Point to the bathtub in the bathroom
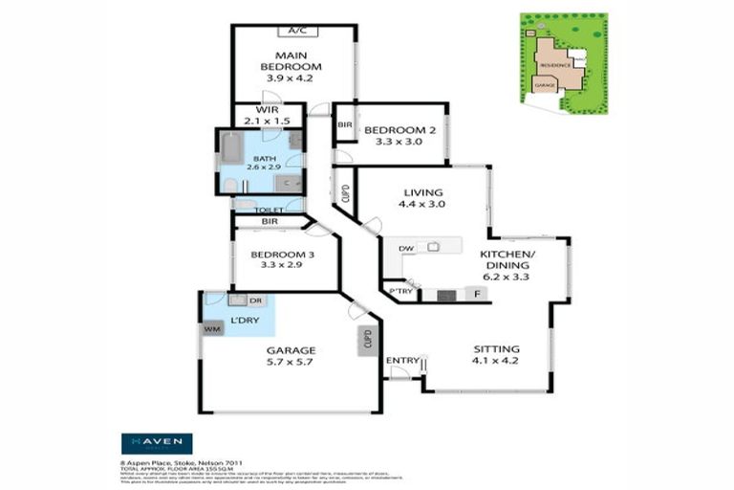point(231,147)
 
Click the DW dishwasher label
point(405,248)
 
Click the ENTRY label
point(401,361)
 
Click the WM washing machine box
point(211,328)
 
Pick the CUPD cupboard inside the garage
point(367,341)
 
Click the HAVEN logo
point(156,443)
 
